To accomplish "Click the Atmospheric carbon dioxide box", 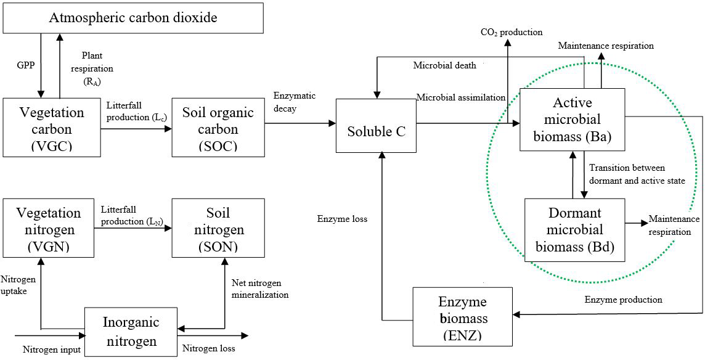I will coord(133,17).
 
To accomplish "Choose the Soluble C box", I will coord(376,131).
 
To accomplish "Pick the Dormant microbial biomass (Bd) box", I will coord(575,230).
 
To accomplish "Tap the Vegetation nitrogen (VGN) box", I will coord(48,227).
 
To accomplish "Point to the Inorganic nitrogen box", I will coord(131,331).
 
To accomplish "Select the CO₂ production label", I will coord(511,32).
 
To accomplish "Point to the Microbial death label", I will coord(444,65).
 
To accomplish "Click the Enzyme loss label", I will coord(342,219).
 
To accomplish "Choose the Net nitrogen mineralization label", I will coord(259,288).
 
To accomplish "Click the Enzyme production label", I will coord(623,300).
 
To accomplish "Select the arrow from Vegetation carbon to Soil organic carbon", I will coord(136,129).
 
